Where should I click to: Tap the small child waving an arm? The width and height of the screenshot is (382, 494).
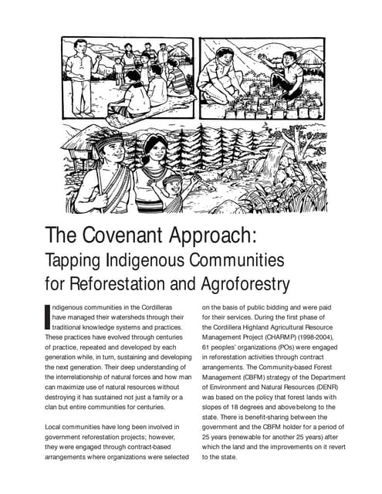[174, 189]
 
